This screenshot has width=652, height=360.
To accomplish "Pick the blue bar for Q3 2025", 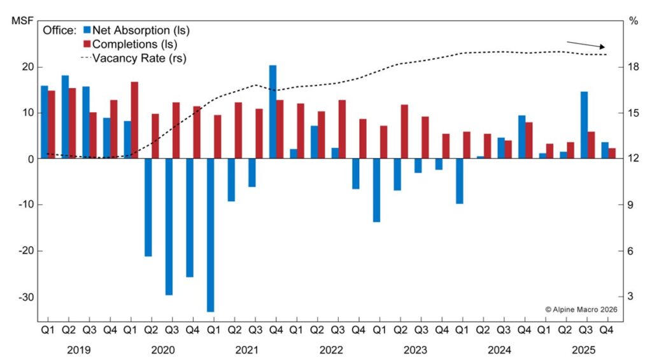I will (584, 125).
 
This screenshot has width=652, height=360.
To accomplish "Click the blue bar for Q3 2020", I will (169, 226).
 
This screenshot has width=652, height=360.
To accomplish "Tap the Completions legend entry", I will (131, 44).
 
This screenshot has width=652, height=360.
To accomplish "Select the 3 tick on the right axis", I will (632, 297).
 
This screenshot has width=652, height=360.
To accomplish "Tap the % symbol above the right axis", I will (633, 21).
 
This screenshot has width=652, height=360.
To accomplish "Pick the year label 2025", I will (584, 350).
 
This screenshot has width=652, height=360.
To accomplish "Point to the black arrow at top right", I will (586, 45).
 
